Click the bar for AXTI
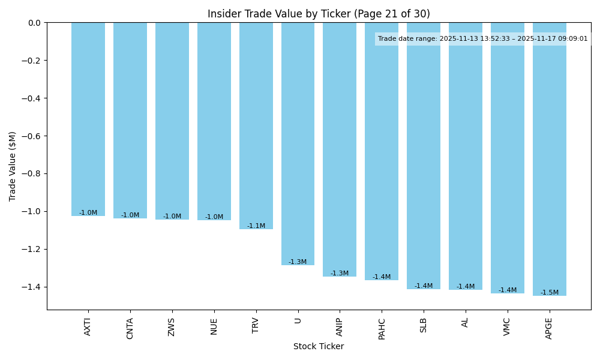coord(88,119)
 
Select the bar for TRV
coord(256,126)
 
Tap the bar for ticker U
coord(298,144)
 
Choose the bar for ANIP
coord(340,150)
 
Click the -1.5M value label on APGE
coord(549,293)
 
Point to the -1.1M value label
coord(256,226)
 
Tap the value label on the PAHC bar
coord(382,277)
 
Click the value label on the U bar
coord(298,262)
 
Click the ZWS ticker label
coord(172,326)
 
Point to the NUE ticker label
coord(214,326)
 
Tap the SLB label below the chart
coord(424,325)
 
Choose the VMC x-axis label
coord(508,326)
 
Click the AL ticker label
coord(466,322)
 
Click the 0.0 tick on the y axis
coord(35,23)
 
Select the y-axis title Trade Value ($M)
coord(13,166)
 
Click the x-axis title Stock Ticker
coord(319,347)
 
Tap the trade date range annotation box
coord(483,39)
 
